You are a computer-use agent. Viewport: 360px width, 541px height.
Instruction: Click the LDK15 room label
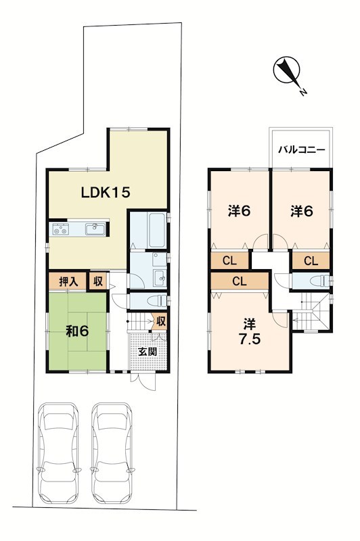click(106, 192)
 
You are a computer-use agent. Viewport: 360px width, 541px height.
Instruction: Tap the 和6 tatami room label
click(77, 331)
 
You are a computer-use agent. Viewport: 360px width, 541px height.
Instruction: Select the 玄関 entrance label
click(148, 352)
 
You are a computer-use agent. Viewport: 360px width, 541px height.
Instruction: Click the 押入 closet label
click(68, 281)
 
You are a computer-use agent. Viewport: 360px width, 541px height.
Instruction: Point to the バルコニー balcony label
click(301, 149)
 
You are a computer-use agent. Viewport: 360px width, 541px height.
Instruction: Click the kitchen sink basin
click(95, 229)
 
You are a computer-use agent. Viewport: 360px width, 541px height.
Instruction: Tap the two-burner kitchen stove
click(60, 229)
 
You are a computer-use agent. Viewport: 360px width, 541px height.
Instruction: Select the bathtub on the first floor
click(157, 230)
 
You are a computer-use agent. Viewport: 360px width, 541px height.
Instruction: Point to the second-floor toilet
click(319, 281)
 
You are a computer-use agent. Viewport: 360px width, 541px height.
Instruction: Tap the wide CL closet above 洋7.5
click(240, 281)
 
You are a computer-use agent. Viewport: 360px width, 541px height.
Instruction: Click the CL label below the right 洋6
click(311, 261)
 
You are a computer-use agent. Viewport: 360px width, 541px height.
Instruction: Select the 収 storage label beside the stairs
click(161, 322)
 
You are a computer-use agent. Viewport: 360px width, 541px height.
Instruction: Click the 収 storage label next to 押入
click(98, 281)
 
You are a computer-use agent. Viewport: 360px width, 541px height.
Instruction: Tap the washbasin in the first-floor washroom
click(160, 276)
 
